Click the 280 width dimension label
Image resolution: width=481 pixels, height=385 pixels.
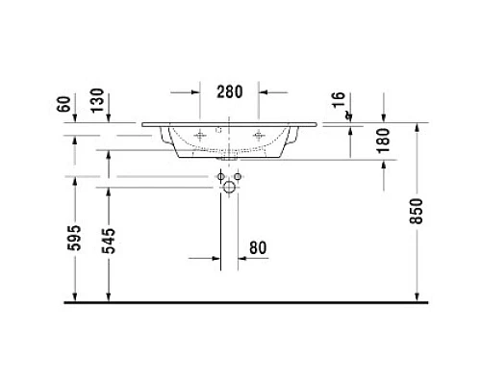[230, 92]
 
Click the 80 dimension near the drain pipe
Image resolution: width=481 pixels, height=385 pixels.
[257, 247]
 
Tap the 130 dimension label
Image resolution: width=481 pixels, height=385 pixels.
[97, 99]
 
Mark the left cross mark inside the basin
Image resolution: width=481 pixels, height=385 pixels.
[200, 137]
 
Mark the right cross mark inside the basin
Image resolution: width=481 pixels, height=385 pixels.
[258, 137]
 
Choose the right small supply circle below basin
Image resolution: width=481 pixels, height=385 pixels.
[240, 178]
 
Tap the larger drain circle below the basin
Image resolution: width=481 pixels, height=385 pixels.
[229, 190]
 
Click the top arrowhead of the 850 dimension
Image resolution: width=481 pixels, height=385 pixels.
[416, 128]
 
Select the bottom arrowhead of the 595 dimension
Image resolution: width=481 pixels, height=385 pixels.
[74, 295]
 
